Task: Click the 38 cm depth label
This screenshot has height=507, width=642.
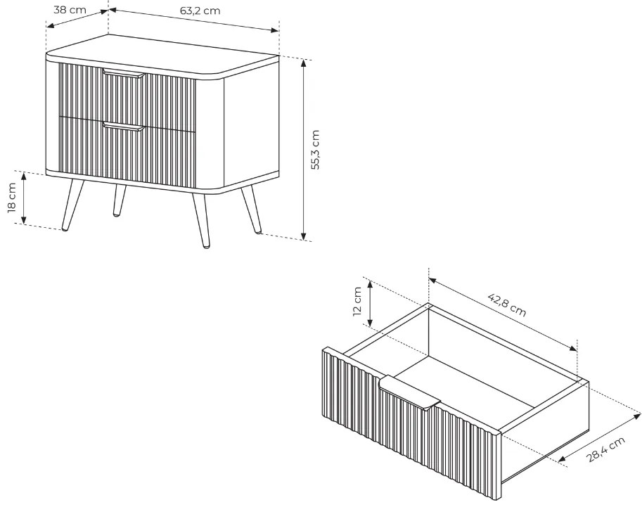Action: point(70,9)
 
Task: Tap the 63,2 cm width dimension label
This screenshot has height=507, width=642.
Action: point(200,11)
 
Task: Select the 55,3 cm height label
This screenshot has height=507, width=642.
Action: point(315,150)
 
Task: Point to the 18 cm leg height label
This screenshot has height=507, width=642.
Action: point(11,198)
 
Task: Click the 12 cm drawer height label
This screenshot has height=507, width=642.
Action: point(357,302)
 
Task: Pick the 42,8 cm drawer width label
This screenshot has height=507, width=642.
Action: point(507,304)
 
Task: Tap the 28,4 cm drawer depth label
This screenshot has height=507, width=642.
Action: point(606,449)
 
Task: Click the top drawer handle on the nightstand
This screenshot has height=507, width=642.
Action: point(124,73)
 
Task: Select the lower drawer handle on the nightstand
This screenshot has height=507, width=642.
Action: point(124,126)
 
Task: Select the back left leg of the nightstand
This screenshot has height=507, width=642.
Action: point(119,200)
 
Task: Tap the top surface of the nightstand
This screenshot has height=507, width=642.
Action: point(162,54)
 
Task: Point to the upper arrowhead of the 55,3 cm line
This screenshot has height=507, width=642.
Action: point(303,63)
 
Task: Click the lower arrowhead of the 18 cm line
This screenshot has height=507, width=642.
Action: point(24,220)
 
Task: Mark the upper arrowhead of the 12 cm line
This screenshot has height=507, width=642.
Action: point(369,285)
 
